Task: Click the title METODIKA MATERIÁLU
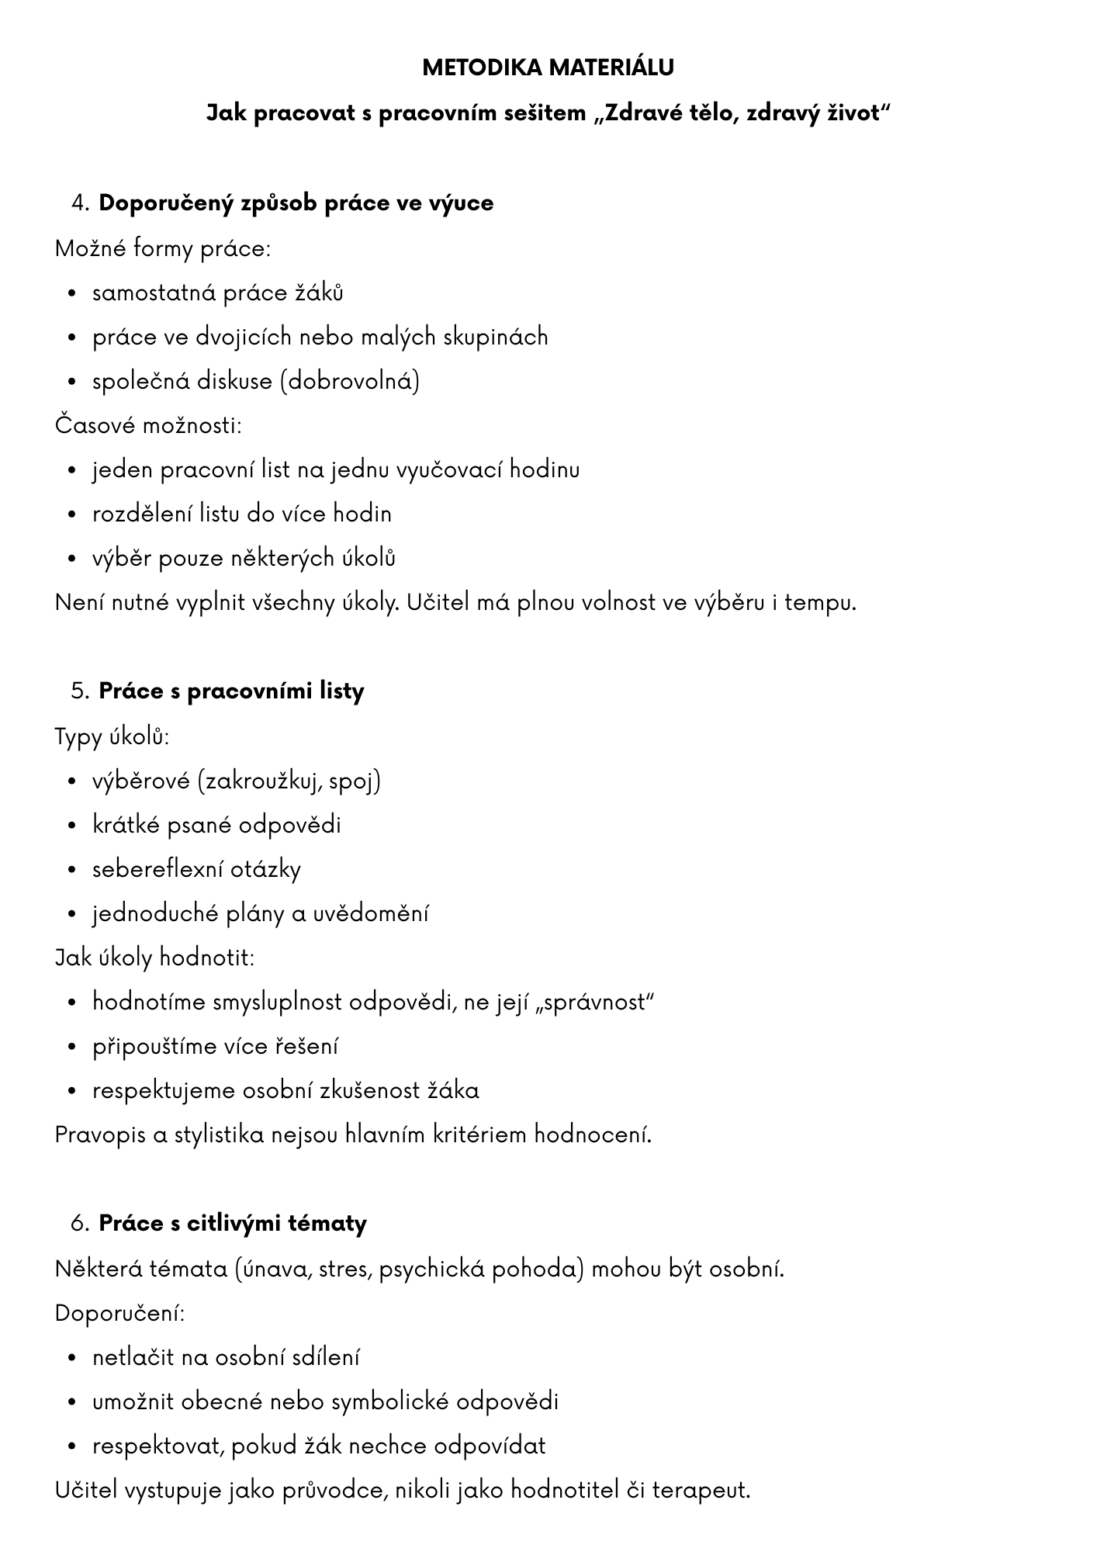548,68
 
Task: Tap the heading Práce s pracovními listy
231,691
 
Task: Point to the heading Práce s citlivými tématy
233,1224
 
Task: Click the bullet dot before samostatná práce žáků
72,294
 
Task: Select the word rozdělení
142,514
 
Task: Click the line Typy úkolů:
112,736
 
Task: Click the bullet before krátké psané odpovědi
72,826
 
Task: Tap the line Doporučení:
119,1313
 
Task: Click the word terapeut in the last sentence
700,1490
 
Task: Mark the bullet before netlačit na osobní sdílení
72,1358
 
